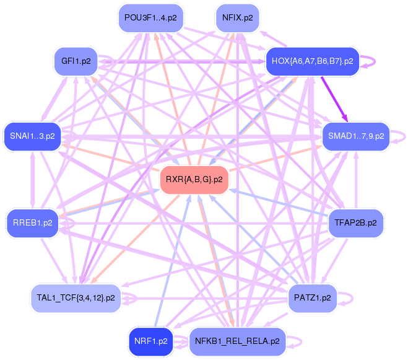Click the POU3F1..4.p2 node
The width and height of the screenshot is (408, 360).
click(x=150, y=17)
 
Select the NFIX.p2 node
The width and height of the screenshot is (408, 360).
click(x=237, y=17)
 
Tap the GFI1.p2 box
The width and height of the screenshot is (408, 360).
click(x=76, y=61)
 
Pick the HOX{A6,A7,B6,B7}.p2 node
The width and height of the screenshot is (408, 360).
click(x=312, y=61)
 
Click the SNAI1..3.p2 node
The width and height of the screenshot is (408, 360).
click(x=32, y=135)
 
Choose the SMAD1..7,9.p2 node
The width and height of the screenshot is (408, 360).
click(x=355, y=135)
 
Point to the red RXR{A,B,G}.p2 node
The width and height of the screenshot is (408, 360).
click(x=194, y=180)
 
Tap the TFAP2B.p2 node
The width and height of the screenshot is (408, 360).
click(x=355, y=221)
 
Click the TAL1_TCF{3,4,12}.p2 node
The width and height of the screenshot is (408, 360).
click(x=75, y=297)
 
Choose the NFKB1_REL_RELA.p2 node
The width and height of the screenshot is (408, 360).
click(x=237, y=341)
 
